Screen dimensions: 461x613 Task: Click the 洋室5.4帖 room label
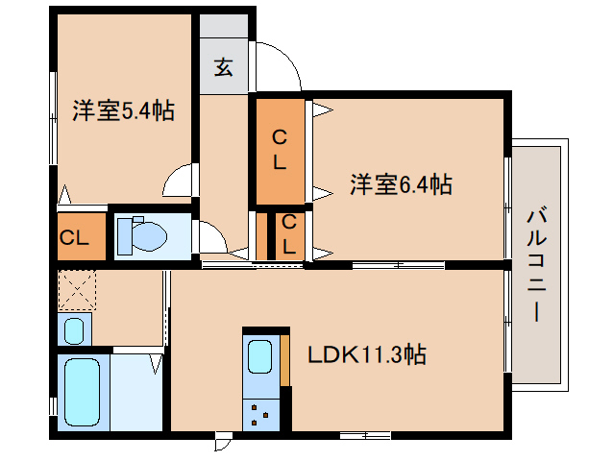tap(123, 111)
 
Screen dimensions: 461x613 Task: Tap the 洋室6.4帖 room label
tap(401, 183)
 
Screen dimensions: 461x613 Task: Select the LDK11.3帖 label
tap(366, 355)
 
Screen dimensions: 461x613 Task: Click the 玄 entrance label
tap(223, 68)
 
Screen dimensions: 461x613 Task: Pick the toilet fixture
tap(144, 233)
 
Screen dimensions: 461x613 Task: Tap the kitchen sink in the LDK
tap(259, 356)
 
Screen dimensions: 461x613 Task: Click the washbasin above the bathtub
tap(74, 329)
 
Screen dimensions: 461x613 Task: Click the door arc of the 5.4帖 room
tap(179, 179)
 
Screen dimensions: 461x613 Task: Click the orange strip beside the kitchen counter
tap(285, 361)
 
